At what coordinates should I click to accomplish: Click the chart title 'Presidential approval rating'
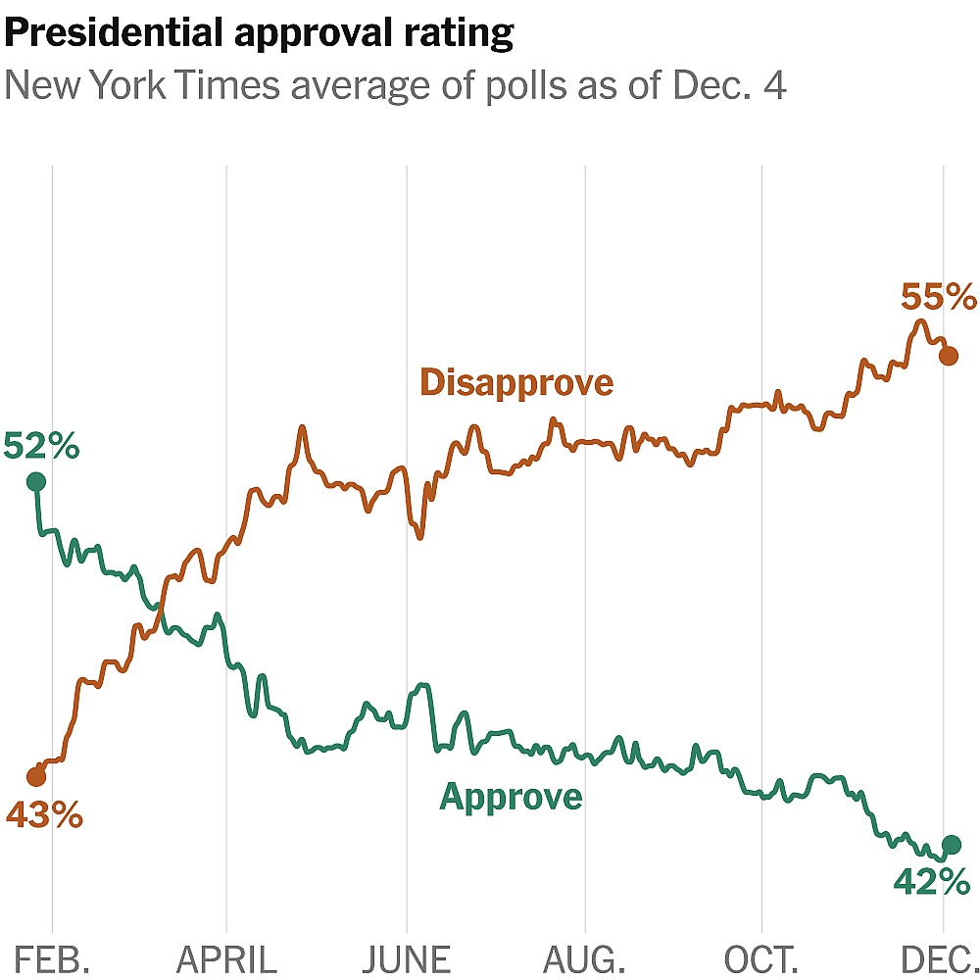point(259,34)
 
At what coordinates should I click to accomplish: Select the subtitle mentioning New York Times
point(395,86)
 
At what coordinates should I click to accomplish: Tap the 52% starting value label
point(41,446)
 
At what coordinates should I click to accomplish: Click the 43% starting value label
point(44,814)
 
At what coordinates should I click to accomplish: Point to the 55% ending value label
point(939,296)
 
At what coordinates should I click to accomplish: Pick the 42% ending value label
point(930,882)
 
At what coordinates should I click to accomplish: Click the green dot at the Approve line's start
point(36,481)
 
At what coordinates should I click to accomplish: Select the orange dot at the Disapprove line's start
point(36,777)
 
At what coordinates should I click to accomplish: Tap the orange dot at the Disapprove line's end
point(949,356)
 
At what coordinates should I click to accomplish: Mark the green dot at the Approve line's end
point(951,844)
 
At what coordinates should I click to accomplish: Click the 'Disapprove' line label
point(516,382)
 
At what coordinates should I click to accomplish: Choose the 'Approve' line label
point(511,797)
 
